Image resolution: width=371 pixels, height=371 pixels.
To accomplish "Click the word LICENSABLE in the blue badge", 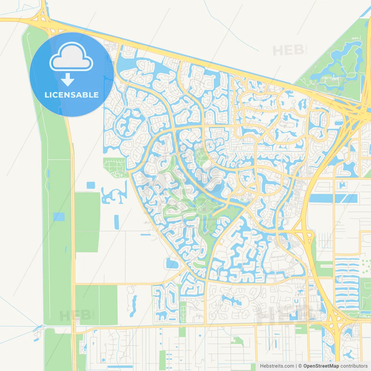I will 72,95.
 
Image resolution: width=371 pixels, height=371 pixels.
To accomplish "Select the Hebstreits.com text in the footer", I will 277,366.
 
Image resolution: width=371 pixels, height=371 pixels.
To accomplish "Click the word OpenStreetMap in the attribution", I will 321,366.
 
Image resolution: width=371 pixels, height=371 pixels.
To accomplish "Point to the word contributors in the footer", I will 354,366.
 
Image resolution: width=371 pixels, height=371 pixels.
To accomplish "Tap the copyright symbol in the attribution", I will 300,366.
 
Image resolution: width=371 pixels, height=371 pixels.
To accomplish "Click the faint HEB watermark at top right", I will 288,50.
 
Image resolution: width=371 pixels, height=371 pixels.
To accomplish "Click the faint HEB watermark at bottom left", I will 75,315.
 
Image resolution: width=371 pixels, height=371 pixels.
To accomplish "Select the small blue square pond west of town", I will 91,185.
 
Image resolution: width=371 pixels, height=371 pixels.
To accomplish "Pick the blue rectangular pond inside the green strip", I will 59,217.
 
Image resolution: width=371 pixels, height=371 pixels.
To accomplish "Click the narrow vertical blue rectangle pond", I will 117,222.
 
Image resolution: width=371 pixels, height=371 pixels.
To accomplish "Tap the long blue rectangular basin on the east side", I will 321,198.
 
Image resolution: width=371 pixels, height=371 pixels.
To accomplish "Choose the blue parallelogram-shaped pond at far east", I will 349,199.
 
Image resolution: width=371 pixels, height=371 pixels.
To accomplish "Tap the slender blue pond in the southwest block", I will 133,305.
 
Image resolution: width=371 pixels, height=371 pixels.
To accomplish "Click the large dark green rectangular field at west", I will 87,222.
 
